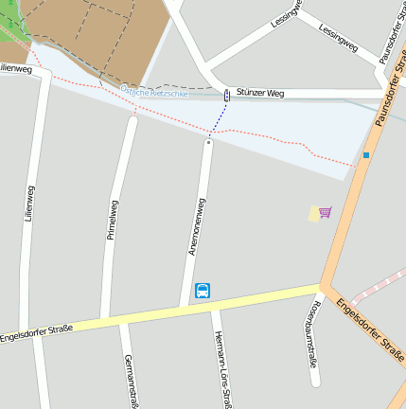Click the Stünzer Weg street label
point(260,93)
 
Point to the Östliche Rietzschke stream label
point(153,92)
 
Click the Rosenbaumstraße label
point(311,336)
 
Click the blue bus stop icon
point(203,291)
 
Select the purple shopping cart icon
point(326,212)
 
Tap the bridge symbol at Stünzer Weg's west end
point(227,95)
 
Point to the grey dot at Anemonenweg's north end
point(208,142)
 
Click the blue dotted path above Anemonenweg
point(219,118)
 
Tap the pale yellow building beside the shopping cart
point(314,215)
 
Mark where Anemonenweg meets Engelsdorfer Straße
point(186,306)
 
